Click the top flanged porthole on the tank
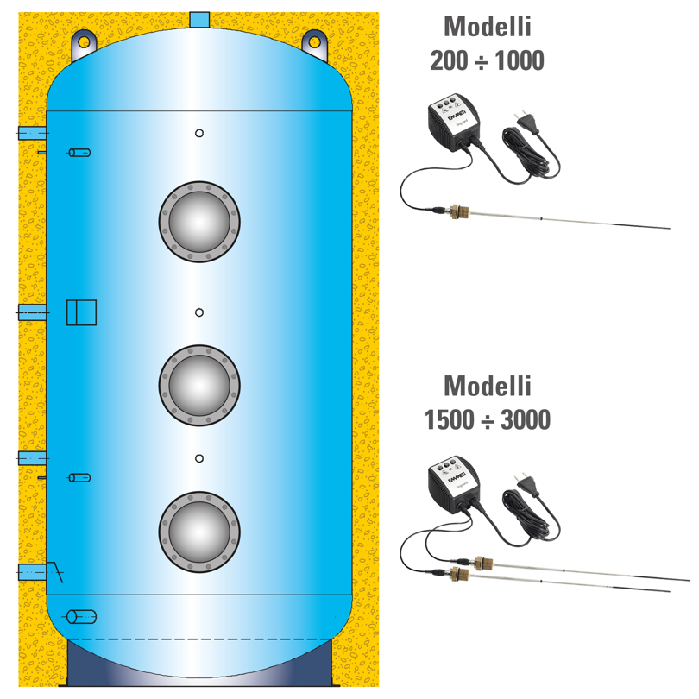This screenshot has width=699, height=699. point(199,222)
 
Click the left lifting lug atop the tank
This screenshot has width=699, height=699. point(85,41)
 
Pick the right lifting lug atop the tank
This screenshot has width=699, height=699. point(314,41)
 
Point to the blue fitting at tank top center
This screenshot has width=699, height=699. point(199,19)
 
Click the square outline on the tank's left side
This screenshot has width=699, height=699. point(82,312)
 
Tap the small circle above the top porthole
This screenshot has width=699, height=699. point(199,133)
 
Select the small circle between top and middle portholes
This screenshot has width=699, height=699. point(199,312)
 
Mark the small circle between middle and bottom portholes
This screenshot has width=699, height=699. point(199,458)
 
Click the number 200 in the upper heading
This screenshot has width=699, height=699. point(450,61)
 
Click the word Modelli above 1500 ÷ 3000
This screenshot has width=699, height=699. point(488,384)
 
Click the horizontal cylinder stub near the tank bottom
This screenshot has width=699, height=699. point(82,616)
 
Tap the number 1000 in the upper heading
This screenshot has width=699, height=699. point(516,61)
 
